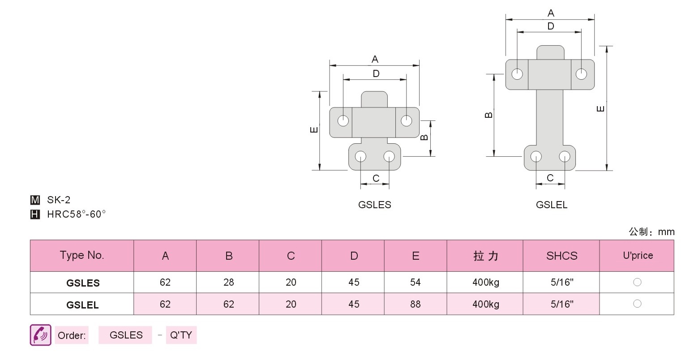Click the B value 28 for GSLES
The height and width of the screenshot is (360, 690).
[x=228, y=282]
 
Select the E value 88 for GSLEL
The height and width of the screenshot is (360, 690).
[x=415, y=304]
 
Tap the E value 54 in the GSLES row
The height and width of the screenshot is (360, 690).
[x=415, y=282]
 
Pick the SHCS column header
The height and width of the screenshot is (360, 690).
[x=561, y=256]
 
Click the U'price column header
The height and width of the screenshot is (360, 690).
[x=638, y=255]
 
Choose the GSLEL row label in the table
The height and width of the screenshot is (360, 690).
[x=82, y=305]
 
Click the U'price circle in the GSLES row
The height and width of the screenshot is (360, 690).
[x=637, y=282]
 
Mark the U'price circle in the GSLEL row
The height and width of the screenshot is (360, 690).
[x=637, y=304]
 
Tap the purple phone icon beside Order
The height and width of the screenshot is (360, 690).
[x=40, y=335]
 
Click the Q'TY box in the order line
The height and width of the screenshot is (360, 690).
[x=181, y=335]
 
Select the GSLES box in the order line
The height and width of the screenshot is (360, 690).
[x=125, y=335]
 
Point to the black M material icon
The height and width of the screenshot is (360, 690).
[x=35, y=200]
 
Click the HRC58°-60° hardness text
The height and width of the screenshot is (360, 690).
[x=76, y=214]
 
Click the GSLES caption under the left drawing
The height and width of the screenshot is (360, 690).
[x=375, y=205]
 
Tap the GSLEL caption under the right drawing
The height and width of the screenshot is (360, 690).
[x=551, y=205]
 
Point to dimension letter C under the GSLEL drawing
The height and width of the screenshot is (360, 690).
[x=550, y=178]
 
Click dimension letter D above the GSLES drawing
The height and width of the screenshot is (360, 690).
[x=376, y=73]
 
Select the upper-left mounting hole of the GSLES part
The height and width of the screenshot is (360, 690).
[x=343, y=121]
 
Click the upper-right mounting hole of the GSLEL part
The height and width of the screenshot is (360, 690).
[x=581, y=74]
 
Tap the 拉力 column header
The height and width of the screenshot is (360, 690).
[x=486, y=256]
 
